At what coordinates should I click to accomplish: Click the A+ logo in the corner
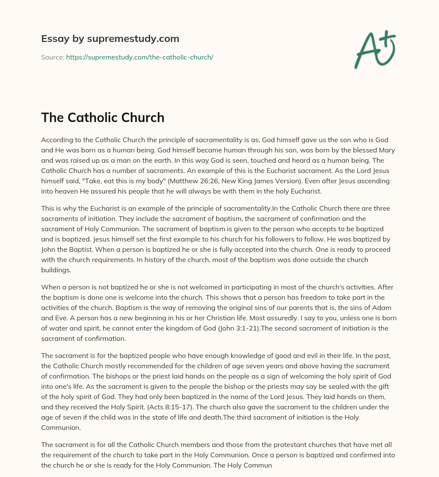pos(374,50)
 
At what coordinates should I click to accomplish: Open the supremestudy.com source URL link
pos(139,57)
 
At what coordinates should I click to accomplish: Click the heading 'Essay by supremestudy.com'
pos(110,39)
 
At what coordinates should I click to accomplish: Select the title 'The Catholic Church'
pos(102,117)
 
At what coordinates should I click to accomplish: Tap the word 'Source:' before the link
pos(52,57)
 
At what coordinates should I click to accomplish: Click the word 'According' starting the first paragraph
pos(57,140)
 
